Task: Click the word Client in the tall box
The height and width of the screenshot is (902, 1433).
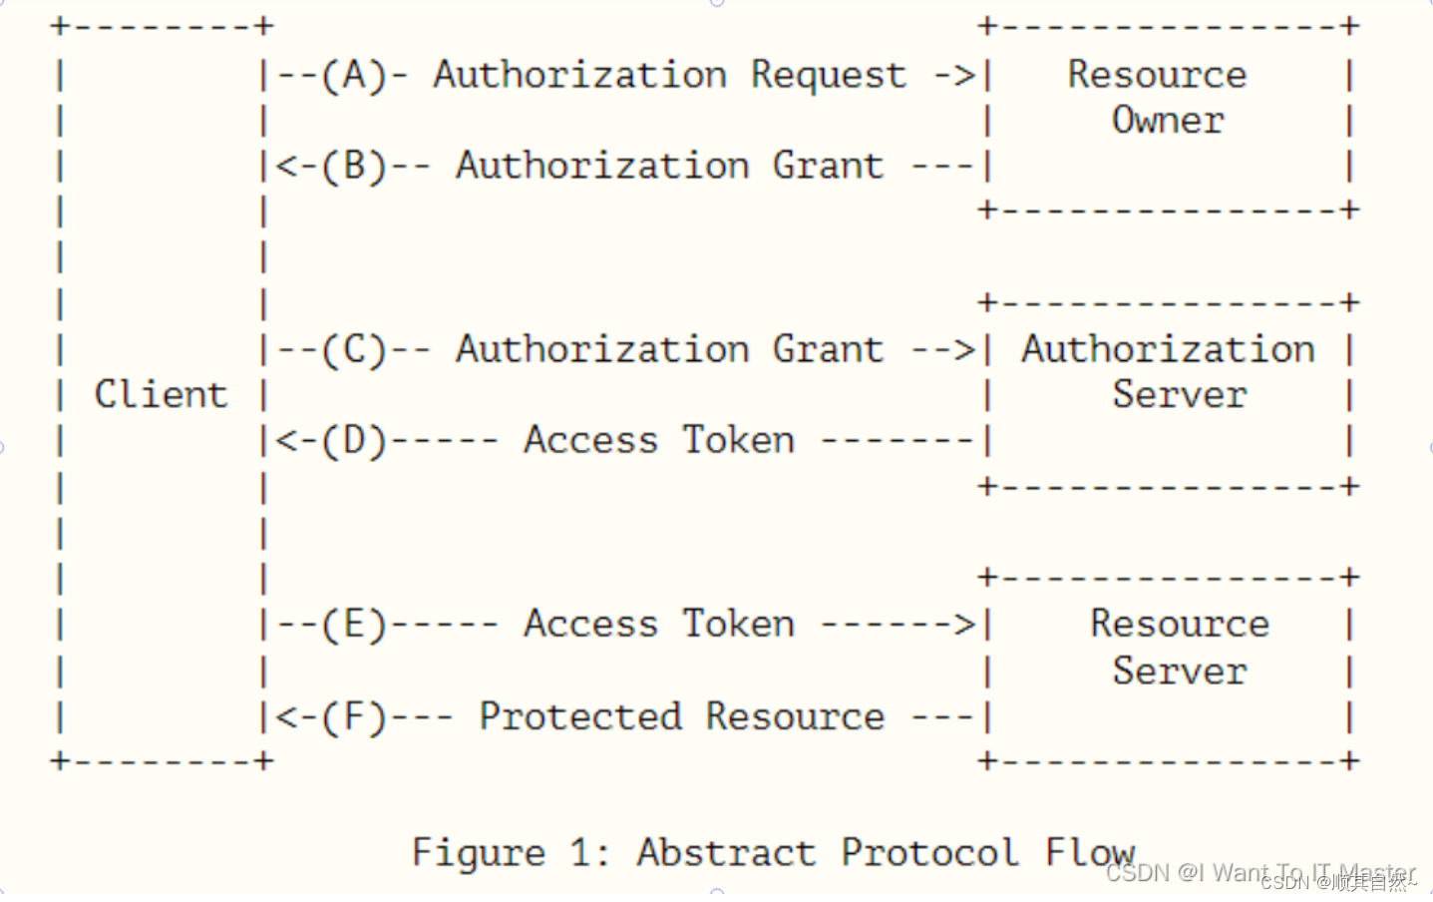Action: pos(161,394)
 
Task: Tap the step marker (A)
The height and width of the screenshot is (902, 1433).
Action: pos(354,75)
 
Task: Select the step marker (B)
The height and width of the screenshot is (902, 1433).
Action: pos(354,166)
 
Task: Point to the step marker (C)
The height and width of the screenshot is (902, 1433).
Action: pos(354,350)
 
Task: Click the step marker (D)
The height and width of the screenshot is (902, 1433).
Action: pos(354,441)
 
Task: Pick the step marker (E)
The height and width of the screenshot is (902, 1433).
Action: pos(354,625)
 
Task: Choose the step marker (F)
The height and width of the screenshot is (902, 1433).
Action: pos(354,716)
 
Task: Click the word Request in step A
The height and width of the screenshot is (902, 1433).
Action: pos(829,76)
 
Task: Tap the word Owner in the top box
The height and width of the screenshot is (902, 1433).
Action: pos(1168,121)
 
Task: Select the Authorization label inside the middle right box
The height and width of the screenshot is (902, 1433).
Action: pos(1168,349)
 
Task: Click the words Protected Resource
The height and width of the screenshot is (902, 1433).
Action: pos(681,716)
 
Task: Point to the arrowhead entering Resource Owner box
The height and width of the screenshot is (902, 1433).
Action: pos(965,75)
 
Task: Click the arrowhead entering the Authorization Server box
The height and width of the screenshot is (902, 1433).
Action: pos(965,350)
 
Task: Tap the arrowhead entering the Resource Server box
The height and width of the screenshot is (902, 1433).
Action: pos(965,625)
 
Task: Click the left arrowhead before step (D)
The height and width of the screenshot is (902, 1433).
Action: pos(283,441)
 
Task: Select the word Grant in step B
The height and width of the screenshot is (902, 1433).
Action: pos(828,166)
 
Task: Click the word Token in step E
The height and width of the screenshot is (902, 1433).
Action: pos(738,625)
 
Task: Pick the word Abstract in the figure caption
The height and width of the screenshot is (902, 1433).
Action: pos(726,853)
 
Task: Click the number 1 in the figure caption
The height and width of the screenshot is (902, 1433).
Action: pos(580,853)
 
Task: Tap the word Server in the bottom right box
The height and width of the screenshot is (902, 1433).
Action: pos(1180,671)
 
